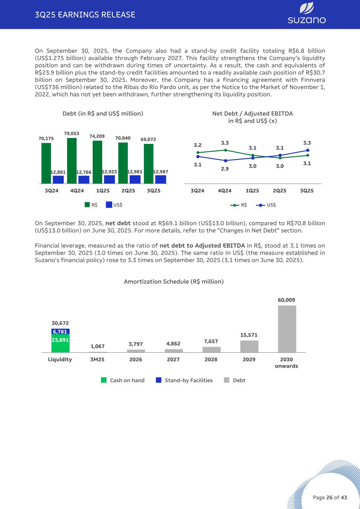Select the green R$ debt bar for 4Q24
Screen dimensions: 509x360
(x=72, y=161)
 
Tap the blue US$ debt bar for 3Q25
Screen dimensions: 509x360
(x=161, y=179)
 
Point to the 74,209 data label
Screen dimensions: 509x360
(x=97, y=136)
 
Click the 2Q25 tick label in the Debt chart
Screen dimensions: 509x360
(x=128, y=191)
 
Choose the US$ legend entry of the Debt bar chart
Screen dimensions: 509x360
(x=114, y=205)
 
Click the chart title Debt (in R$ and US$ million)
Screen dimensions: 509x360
(x=103, y=113)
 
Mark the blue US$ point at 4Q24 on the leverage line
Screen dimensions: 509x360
(x=225, y=161)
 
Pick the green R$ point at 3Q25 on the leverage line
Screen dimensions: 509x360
(x=308, y=155)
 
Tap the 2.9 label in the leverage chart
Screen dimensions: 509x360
(x=225, y=169)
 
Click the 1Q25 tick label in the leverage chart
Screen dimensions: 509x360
(x=252, y=191)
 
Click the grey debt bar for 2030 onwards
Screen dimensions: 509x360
(x=287, y=329)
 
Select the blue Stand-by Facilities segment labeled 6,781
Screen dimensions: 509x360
(x=60, y=332)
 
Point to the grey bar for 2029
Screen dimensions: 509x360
(x=249, y=346)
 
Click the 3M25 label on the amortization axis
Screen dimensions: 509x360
(x=97, y=359)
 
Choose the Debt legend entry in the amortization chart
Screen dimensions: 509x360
(x=235, y=380)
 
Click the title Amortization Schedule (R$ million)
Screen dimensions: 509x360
(x=174, y=282)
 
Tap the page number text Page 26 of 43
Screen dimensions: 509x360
(x=330, y=497)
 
